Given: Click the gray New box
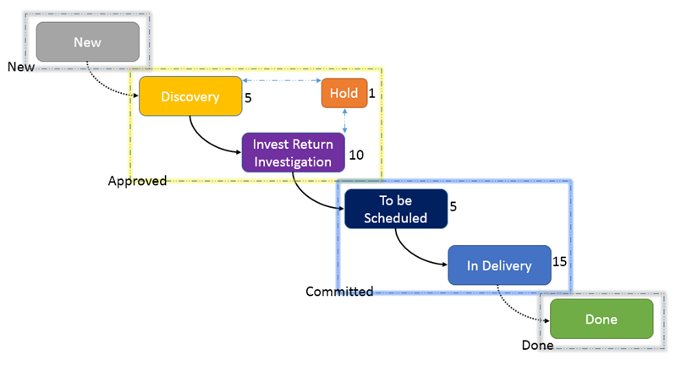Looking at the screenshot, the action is (x=87, y=41).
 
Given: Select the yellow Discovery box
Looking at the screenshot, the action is (x=190, y=96).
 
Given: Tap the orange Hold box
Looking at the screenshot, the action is (x=344, y=93).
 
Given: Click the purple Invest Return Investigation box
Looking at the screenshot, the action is (x=294, y=152).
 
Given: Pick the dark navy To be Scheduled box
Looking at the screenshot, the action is (x=396, y=209).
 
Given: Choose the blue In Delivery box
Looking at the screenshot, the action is (x=499, y=265).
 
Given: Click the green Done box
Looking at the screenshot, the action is (x=602, y=319).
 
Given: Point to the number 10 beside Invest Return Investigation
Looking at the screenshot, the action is (x=356, y=155).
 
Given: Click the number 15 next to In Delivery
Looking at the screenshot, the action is (x=559, y=261).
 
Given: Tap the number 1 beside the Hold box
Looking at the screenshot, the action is (x=371, y=93).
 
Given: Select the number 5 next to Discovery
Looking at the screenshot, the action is (x=248, y=98).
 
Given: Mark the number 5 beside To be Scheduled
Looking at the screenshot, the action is (x=453, y=206).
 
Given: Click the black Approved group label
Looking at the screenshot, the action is (x=137, y=181).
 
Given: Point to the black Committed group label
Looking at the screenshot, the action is (x=339, y=292).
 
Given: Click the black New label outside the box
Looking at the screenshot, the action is (x=20, y=67).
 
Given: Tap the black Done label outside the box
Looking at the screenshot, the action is (x=537, y=345).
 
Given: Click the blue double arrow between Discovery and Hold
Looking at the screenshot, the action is (x=282, y=80).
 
